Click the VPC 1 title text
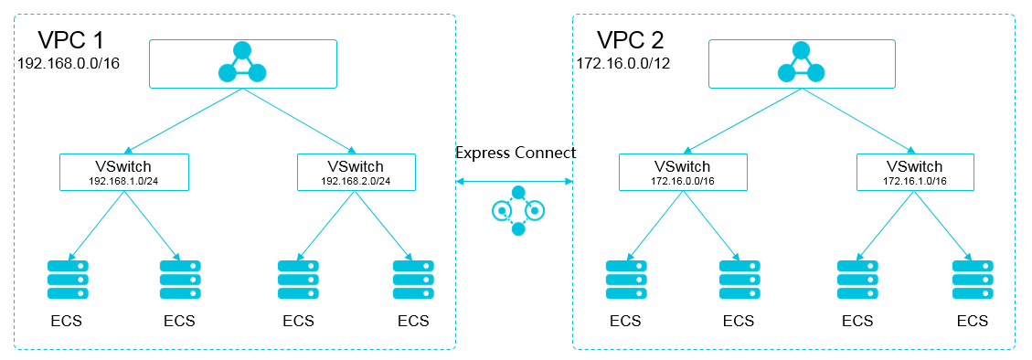coord(70,40)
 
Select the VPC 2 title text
coord(630,40)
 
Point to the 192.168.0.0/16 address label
coord(69,65)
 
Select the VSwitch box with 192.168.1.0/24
coord(123,171)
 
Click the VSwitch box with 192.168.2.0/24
coord(356,171)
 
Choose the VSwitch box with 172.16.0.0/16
coord(683,171)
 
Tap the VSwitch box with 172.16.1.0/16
coord(915,171)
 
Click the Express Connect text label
coord(516,152)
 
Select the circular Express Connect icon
coord(517,211)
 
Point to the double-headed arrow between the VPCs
coord(516,182)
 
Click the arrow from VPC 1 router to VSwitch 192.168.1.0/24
coord(183,121)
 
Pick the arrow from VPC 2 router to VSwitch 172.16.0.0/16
coord(742,121)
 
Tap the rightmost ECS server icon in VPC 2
coord(972,280)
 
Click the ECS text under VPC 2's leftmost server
coord(626,321)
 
